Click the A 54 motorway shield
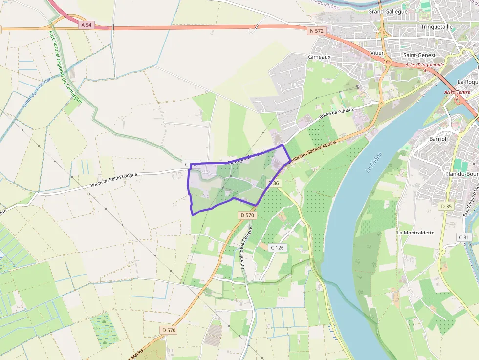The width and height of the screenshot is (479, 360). [87, 24]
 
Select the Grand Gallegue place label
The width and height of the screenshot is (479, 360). [388, 11]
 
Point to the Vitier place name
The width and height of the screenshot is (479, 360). [377, 53]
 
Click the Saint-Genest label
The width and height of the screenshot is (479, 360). [419, 55]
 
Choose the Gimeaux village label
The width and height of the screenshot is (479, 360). [320, 57]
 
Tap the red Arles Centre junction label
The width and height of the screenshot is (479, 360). [457, 92]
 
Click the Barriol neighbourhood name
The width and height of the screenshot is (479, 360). [437, 139]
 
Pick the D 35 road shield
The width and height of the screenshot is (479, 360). [446, 206]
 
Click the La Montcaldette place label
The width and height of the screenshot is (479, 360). [415, 233]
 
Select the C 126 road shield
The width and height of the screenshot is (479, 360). [277, 247]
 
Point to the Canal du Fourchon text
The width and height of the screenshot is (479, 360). [37, 93]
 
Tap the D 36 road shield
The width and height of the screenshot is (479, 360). [273, 183]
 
